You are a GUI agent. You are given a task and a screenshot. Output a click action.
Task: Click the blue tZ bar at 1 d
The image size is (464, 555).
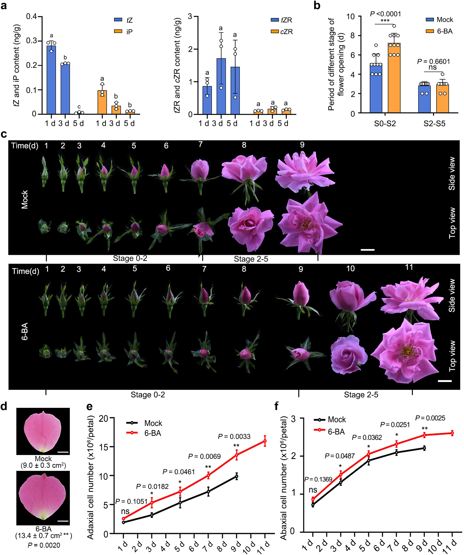point(51,80)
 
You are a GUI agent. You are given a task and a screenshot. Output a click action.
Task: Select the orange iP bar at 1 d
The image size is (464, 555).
point(102,102)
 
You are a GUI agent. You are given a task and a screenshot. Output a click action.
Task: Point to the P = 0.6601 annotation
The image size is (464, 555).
point(433,62)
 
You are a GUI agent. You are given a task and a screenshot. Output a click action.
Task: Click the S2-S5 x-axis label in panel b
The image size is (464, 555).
point(434,123)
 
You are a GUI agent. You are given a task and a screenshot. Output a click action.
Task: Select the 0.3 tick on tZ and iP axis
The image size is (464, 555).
point(31,41)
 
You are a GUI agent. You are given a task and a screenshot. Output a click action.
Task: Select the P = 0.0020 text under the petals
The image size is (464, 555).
point(44,545)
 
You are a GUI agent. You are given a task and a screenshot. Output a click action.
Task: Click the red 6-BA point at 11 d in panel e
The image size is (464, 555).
point(265,441)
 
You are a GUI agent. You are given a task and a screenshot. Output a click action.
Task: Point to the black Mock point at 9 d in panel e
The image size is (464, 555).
point(237,476)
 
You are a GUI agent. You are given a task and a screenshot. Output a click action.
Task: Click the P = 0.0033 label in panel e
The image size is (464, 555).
point(234,436)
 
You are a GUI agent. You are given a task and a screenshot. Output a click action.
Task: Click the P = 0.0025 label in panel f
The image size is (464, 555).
point(430,418)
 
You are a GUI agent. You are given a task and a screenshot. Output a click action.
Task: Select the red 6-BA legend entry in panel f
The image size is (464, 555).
point(330,432)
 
